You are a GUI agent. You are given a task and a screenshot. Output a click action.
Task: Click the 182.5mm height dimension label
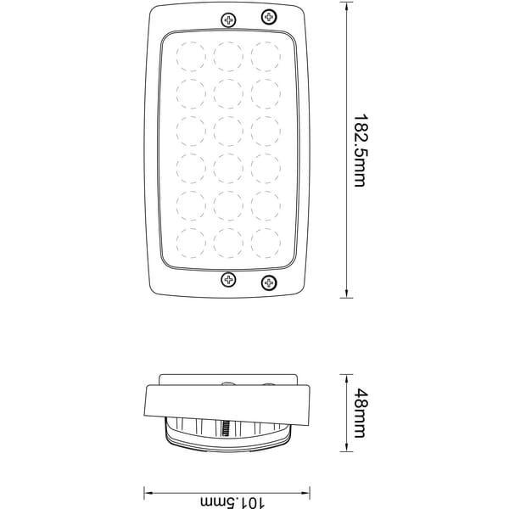coord(361,150)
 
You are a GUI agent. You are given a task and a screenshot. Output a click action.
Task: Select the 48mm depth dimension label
coord(361,413)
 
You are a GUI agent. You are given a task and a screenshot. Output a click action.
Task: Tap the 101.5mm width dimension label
coord(232,502)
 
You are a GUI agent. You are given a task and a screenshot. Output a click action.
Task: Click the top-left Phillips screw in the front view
coord(228,20)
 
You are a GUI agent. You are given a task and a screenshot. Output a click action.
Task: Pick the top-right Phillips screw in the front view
coord(269,17)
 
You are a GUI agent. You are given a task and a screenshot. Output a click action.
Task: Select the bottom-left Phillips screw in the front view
coord(228,279)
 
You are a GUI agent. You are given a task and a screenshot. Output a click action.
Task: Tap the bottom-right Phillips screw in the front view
coord(269,283)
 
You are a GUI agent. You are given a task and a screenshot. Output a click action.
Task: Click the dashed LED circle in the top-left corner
coord(191,57)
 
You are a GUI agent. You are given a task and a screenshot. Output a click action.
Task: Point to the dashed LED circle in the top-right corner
coord(266,57)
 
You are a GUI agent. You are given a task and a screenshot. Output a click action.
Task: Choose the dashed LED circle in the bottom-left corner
coord(191,243)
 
